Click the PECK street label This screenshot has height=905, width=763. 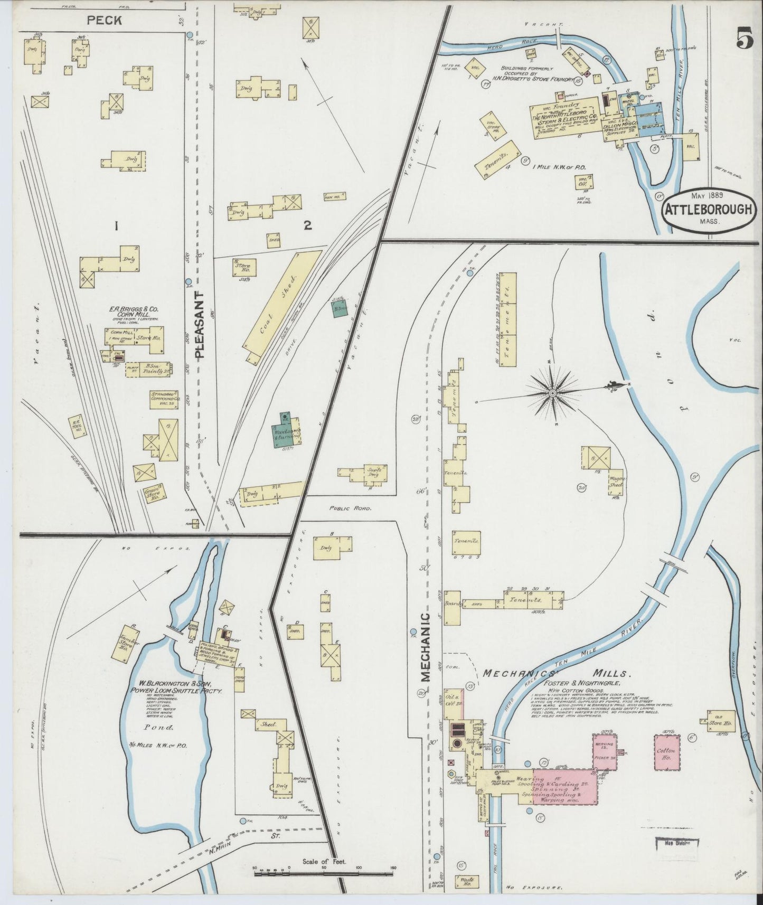105,21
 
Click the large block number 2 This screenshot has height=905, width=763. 307,225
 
